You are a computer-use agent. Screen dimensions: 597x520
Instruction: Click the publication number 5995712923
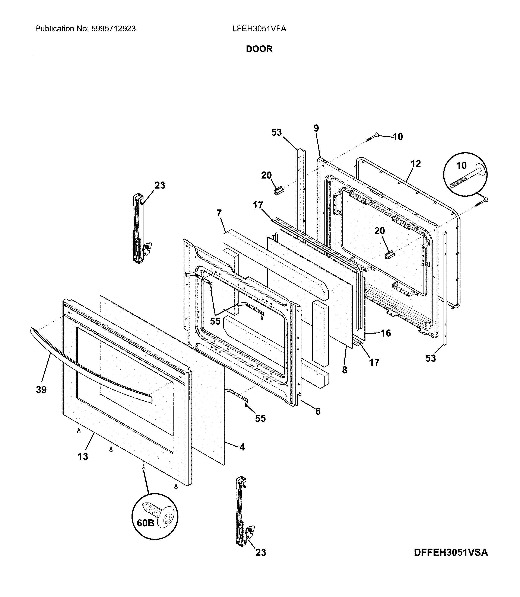coord(114,29)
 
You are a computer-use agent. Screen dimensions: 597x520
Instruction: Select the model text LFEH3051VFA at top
coord(259,29)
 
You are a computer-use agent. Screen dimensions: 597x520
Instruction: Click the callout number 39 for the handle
coord(41,390)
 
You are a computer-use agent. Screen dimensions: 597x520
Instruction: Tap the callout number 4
coord(242,447)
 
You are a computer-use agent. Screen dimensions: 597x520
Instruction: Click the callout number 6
coord(318,411)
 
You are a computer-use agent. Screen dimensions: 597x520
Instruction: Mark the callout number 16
coord(386,333)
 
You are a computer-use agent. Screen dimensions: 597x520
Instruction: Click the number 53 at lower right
coord(431,358)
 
